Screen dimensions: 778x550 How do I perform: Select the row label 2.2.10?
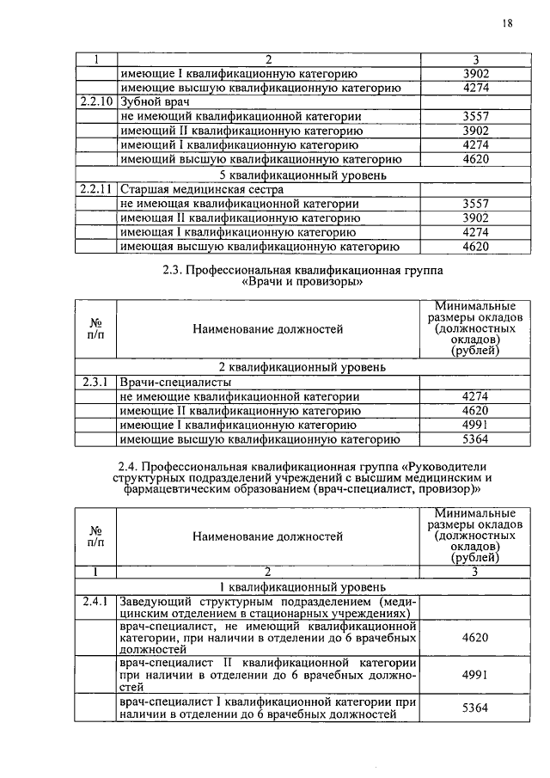95,101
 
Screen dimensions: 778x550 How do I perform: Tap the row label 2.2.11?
95,189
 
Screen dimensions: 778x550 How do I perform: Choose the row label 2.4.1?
95,602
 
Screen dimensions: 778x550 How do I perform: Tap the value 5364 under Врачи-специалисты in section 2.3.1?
474,439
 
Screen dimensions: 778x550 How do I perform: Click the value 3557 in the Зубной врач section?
474,116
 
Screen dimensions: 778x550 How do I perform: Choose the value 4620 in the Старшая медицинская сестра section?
474,248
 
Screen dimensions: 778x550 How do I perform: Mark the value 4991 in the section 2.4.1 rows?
474,676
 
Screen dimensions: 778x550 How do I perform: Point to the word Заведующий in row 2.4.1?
155,602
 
